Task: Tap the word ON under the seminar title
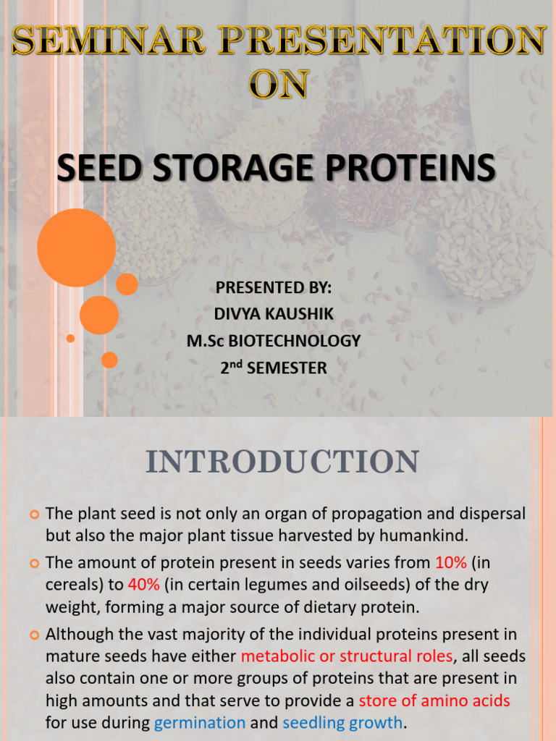[x=277, y=85]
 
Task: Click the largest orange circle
[x=76, y=247]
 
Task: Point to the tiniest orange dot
[x=70, y=338]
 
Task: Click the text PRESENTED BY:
[x=274, y=287]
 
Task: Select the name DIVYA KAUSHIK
[x=274, y=314]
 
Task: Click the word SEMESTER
[x=287, y=368]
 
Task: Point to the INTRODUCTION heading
[x=282, y=462]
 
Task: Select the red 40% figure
[x=143, y=583]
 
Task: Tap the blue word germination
[x=200, y=722]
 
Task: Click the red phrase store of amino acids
[x=434, y=700]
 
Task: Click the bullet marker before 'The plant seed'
[x=34, y=515]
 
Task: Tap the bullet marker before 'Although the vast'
[x=34, y=635]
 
